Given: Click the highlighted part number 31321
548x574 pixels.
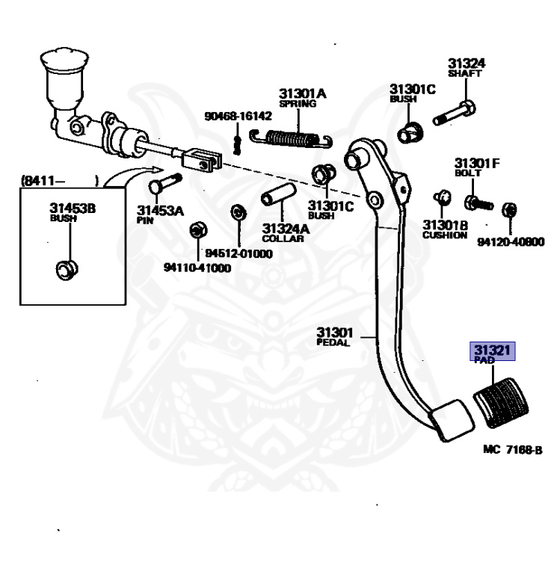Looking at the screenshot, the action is pos(493,350).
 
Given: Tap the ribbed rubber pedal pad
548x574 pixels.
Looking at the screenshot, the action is pos(501,402).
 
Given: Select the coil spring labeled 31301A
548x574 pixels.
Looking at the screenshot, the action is pos(291,139).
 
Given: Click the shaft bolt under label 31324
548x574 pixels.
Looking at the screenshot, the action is pos(455,113).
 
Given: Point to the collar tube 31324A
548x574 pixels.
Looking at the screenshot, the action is pos(279,194).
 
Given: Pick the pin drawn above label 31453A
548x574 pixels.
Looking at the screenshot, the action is pos(165,184).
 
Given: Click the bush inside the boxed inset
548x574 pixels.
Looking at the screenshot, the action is pos(67,270).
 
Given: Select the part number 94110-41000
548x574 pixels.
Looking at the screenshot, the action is pos(197,268).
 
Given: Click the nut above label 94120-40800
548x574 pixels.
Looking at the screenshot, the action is pos(510,210).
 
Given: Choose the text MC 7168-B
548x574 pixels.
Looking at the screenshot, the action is pos(513,449).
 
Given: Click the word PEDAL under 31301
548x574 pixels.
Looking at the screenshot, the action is pos(333,342).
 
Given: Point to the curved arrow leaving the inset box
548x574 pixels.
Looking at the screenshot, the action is pos(131,174).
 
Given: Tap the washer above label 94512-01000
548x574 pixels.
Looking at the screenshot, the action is pos(238,212).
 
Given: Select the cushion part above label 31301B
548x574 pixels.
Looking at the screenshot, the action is pos(442,197).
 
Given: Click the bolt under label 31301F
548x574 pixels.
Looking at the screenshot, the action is pos(478,203).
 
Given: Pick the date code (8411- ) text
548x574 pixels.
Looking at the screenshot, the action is pos(61,180).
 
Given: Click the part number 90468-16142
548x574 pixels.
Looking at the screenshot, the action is pos(238,116).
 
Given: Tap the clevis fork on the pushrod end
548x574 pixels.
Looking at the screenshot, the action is pos(202,161).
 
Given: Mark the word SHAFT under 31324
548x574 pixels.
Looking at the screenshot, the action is pos(464,73).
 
